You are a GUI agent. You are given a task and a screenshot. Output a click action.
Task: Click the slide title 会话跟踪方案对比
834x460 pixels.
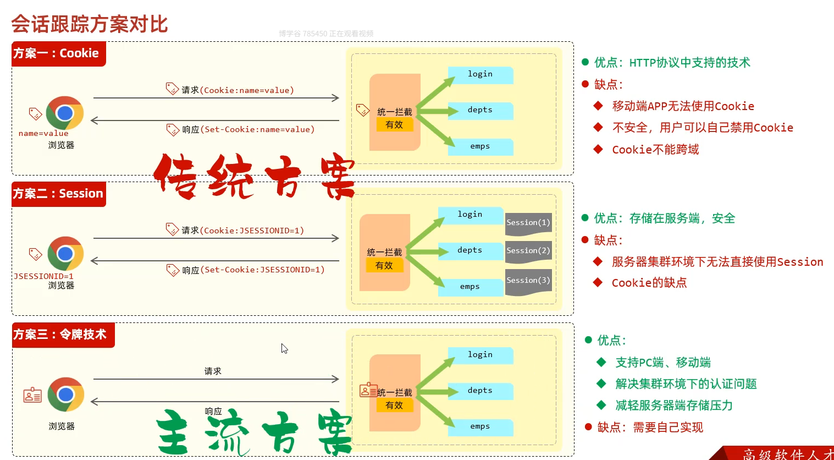pyautogui.click(x=90, y=24)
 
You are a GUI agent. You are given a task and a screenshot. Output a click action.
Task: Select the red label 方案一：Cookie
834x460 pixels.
pyautogui.click(x=57, y=53)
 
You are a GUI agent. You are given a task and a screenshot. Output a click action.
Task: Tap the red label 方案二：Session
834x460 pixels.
pyautogui.click(x=58, y=194)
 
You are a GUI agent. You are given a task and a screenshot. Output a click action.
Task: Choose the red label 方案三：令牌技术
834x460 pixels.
pyautogui.click(x=60, y=335)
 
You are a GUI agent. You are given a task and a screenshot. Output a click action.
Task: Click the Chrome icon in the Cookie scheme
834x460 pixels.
pyautogui.click(x=65, y=113)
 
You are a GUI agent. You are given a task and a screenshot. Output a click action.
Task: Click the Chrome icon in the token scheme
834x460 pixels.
pyautogui.click(x=65, y=394)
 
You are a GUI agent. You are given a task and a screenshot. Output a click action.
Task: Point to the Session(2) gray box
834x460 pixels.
pyautogui.click(x=528, y=251)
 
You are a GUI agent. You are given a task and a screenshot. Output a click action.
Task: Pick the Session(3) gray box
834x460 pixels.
pyautogui.click(x=528, y=281)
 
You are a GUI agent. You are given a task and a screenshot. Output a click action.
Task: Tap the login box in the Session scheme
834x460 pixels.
pyautogui.click(x=470, y=215)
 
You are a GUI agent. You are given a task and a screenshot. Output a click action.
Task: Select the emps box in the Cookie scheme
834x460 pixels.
pyautogui.click(x=480, y=146)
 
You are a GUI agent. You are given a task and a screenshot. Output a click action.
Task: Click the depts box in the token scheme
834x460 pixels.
pyautogui.click(x=480, y=391)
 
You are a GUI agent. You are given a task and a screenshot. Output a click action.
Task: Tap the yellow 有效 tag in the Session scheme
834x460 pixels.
pyautogui.click(x=384, y=266)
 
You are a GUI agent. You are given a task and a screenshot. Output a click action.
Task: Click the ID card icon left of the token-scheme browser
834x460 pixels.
pyautogui.click(x=32, y=395)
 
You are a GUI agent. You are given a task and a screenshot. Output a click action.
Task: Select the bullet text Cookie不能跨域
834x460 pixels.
pyautogui.click(x=655, y=150)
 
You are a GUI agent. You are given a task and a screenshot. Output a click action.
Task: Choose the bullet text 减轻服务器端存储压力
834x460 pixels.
pyautogui.click(x=674, y=406)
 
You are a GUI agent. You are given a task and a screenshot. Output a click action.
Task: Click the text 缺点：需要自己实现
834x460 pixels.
pyautogui.click(x=650, y=428)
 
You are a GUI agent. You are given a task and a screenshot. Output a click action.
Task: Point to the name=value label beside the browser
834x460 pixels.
pyautogui.click(x=43, y=134)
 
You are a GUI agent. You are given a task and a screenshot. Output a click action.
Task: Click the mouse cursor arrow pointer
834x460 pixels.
pyautogui.click(x=284, y=348)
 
